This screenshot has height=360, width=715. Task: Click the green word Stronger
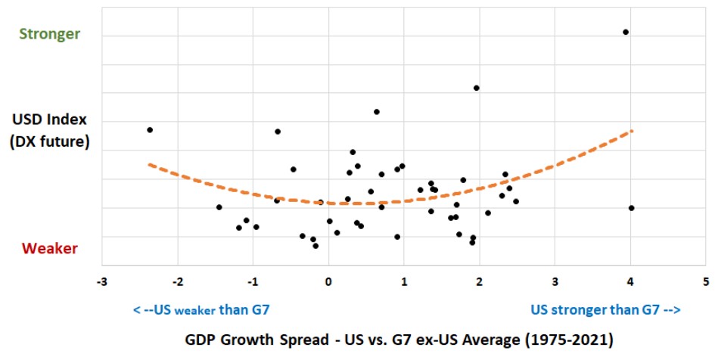[49, 35]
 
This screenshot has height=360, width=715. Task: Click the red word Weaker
[49, 249]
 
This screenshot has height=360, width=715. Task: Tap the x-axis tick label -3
[101, 281]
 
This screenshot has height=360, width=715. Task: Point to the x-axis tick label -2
[177, 281]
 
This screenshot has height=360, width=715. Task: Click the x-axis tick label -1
[252, 281]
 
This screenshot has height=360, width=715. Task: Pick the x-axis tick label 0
[328, 281]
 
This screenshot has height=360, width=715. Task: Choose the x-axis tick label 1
[404, 281]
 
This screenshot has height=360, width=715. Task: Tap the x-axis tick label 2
[480, 281]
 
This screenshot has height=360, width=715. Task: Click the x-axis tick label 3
[555, 281]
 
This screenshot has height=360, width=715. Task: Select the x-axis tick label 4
[630, 281]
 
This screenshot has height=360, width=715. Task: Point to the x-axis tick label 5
[706, 281]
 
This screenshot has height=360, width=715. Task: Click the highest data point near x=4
[626, 32]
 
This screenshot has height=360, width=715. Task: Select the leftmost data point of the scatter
[150, 130]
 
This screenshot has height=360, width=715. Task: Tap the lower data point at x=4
[631, 208]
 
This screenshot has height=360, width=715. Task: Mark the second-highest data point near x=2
[477, 88]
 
